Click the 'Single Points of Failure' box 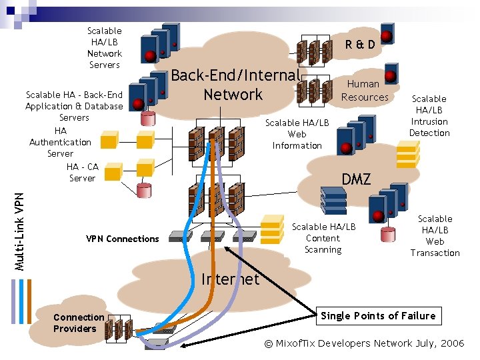pos(379,315)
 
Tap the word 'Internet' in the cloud pos(230,279)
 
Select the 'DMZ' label pos(356,179)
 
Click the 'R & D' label pos(360,45)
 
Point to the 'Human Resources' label pos(364,90)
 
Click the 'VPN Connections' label pos(123,239)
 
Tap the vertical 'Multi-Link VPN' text pos(19,232)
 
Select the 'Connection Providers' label pos(79,323)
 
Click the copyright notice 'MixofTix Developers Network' pos(364,343)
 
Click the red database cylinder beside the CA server pos(144,191)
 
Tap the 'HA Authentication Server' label pos(60,142)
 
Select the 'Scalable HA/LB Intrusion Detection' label pos(429,116)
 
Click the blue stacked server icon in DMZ pos(333,200)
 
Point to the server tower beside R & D pos(387,34)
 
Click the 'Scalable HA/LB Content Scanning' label pos(323,238)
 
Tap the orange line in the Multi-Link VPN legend pos(29,301)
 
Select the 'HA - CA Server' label pos(83,173)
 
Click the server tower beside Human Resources pos(391,74)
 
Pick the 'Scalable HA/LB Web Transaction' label pos(435,236)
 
